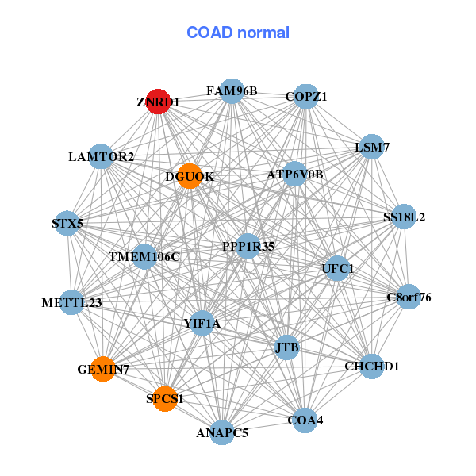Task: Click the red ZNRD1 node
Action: [158, 102]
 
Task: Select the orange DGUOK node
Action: [190, 176]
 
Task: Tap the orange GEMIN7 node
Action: [103, 369]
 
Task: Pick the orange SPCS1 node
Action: [165, 399]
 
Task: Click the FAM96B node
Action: [232, 91]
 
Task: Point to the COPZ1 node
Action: [306, 97]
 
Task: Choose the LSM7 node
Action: [372, 147]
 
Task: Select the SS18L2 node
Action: [404, 217]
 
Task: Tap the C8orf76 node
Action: [409, 297]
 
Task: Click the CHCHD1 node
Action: [372, 367]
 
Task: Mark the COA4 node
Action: [305, 420]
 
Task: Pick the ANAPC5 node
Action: [222, 432]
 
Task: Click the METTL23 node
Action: [71, 302]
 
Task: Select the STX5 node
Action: [67, 223]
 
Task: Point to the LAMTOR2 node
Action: [101, 156]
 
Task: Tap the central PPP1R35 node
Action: [248, 246]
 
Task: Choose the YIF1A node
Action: [202, 324]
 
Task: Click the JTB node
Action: [287, 347]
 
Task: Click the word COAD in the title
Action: [209, 33]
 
